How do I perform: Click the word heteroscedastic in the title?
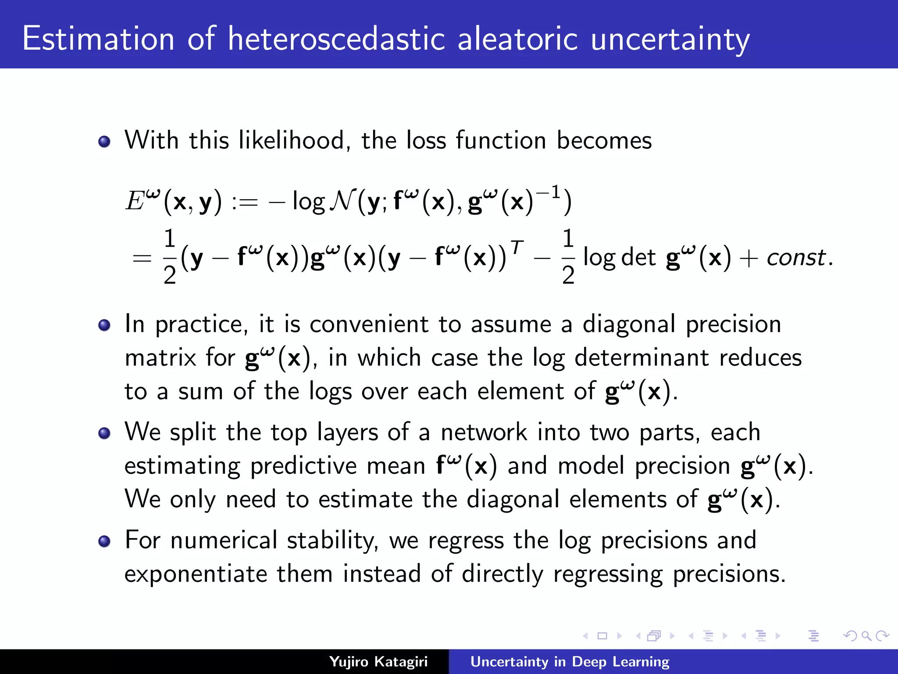coord(336,39)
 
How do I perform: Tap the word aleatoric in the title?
coord(517,39)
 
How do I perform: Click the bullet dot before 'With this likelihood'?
coord(104,142)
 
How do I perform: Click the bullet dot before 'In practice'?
coord(104,325)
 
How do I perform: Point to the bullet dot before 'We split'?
coord(104,434)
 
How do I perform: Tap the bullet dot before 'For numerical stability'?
coord(104,541)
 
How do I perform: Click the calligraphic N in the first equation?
coord(342,201)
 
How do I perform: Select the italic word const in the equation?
coord(796,258)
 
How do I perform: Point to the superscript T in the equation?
coord(517,247)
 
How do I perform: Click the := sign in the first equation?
coord(245,202)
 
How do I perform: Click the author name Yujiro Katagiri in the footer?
coord(378,661)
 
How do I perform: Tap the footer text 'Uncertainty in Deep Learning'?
coord(570,661)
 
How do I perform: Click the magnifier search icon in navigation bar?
coord(866,636)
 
